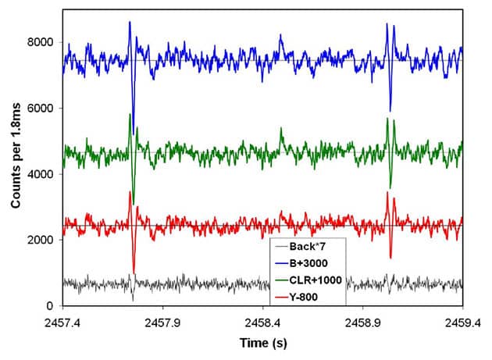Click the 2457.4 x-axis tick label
[64, 320]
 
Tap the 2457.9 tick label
[164, 320]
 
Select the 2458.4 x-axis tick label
[264, 320]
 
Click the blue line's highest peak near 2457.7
[130, 22]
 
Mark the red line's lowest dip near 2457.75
[134, 273]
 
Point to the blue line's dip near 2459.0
[390, 111]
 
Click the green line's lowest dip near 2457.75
[134, 202]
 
